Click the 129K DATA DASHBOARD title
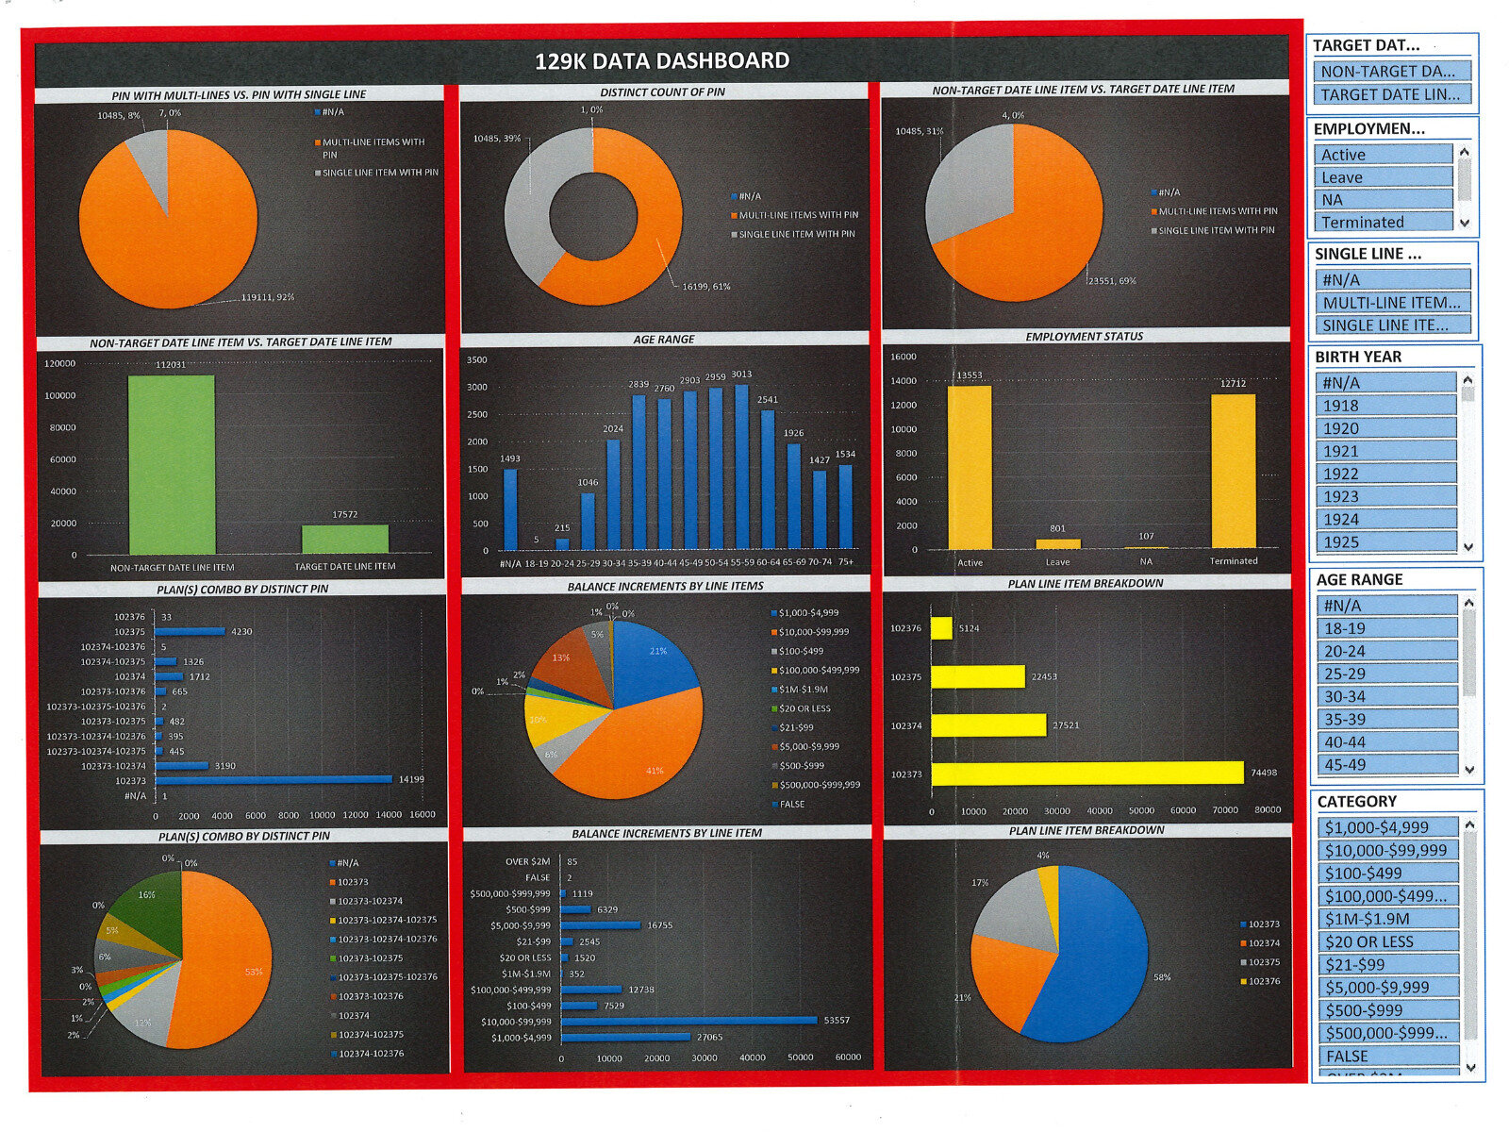(x=662, y=61)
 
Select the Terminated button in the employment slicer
(x=1383, y=223)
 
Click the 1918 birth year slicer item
(x=1385, y=406)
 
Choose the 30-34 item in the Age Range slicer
(x=1386, y=696)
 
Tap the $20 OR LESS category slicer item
(x=1387, y=941)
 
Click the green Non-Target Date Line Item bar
(x=172, y=464)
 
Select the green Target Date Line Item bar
(x=344, y=539)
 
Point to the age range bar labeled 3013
(x=742, y=466)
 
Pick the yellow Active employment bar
(x=970, y=467)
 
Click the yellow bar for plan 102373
(x=1086, y=773)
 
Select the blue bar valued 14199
(x=274, y=779)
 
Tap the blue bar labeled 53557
(x=689, y=1020)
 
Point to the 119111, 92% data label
(x=268, y=297)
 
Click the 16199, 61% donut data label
(x=706, y=286)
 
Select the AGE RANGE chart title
(x=664, y=340)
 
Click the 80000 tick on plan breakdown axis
(x=1268, y=810)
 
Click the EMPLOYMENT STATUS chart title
(x=1085, y=337)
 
